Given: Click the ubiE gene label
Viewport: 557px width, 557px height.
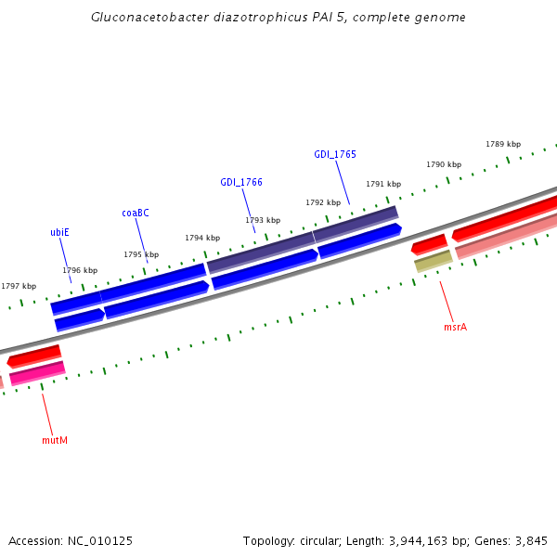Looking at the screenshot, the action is tap(59, 232).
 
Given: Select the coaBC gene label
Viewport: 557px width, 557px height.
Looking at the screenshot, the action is tap(136, 213).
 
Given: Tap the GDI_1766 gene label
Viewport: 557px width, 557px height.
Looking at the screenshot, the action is tap(241, 182).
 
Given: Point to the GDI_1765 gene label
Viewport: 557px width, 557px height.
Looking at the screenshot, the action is tap(335, 154).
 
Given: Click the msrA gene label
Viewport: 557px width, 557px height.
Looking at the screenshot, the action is tap(455, 327).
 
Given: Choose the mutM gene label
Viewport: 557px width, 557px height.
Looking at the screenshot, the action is tap(55, 440).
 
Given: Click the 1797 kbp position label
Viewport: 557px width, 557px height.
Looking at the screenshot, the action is tap(19, 286).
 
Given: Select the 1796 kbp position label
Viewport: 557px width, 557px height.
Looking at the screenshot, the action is tap(80, 270).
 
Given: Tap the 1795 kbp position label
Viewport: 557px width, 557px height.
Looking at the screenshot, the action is tap(141, 254).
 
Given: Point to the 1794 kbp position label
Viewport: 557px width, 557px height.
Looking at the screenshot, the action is tap(202, 238).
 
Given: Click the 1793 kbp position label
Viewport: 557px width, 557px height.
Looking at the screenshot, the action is tap(263, 220).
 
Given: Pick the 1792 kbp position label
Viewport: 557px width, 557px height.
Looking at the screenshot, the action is tap(323, 202).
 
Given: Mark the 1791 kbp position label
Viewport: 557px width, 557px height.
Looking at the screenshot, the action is tap(383, 184).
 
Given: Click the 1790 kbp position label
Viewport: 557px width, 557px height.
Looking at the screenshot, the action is tap(444, 164).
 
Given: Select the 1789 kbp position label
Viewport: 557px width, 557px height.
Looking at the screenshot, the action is tap(503, 144).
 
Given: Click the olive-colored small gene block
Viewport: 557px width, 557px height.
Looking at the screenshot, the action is tap(433, 262).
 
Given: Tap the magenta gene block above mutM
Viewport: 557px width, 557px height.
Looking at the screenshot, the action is tap(37, 372).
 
